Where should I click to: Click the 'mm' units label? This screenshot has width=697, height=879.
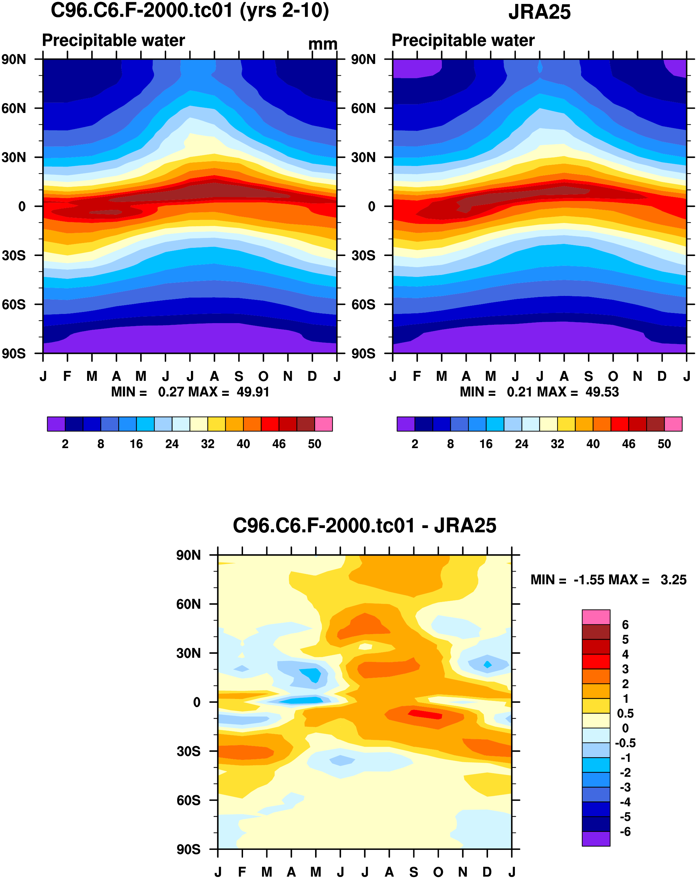(x=322, y=44)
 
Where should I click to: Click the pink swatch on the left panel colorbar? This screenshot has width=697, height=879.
(x=323, y=424)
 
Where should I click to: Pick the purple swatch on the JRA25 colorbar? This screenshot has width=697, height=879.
(x=405, y=424)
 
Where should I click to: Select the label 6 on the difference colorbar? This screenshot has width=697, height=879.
(x=625, y=625)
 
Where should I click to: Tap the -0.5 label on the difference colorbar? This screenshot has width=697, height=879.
(x=625, y=743)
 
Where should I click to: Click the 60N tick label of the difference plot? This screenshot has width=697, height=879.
(x=188, y=604)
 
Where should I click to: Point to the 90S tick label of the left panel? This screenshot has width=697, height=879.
(x=14, y=354)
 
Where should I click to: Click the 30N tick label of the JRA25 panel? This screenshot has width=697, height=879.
(x=363, y=157)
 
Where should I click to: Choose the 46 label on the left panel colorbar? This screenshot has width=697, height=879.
(x=279, y=444)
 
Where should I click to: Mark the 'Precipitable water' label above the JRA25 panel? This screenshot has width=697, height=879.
(x=463, y=40)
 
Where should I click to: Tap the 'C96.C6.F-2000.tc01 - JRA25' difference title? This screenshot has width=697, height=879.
(x=364, y=525)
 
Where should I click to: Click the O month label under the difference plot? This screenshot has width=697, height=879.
(x=438, y=872)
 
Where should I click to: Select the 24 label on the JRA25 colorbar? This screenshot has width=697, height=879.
(x=522, y=444)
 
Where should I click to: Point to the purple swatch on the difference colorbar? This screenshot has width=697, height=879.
(x=596, y=839)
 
